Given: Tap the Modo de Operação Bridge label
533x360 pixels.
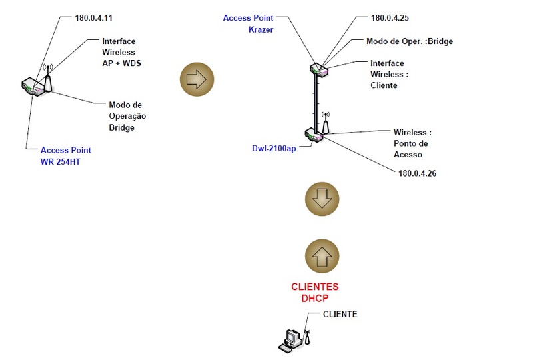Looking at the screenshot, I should click(x=127, y=115).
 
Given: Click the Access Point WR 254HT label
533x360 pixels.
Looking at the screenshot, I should click(x=66, y=155).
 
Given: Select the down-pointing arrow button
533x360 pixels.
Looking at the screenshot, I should click(x=322, y=197).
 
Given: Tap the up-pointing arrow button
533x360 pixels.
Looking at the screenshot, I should click(x=322, y=255).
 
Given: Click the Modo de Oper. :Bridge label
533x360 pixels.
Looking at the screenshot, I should click(x=410, y=41).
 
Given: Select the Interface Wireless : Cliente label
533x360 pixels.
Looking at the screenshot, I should click(x=389, y=74).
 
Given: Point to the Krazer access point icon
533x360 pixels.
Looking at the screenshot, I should click(x=318, y=68).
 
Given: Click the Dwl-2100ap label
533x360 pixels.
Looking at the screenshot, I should click(x=273, y=148).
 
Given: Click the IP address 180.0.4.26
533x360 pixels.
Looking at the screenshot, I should click(x=417, y=173).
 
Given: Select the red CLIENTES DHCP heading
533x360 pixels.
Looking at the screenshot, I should click(x=314, y=292).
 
